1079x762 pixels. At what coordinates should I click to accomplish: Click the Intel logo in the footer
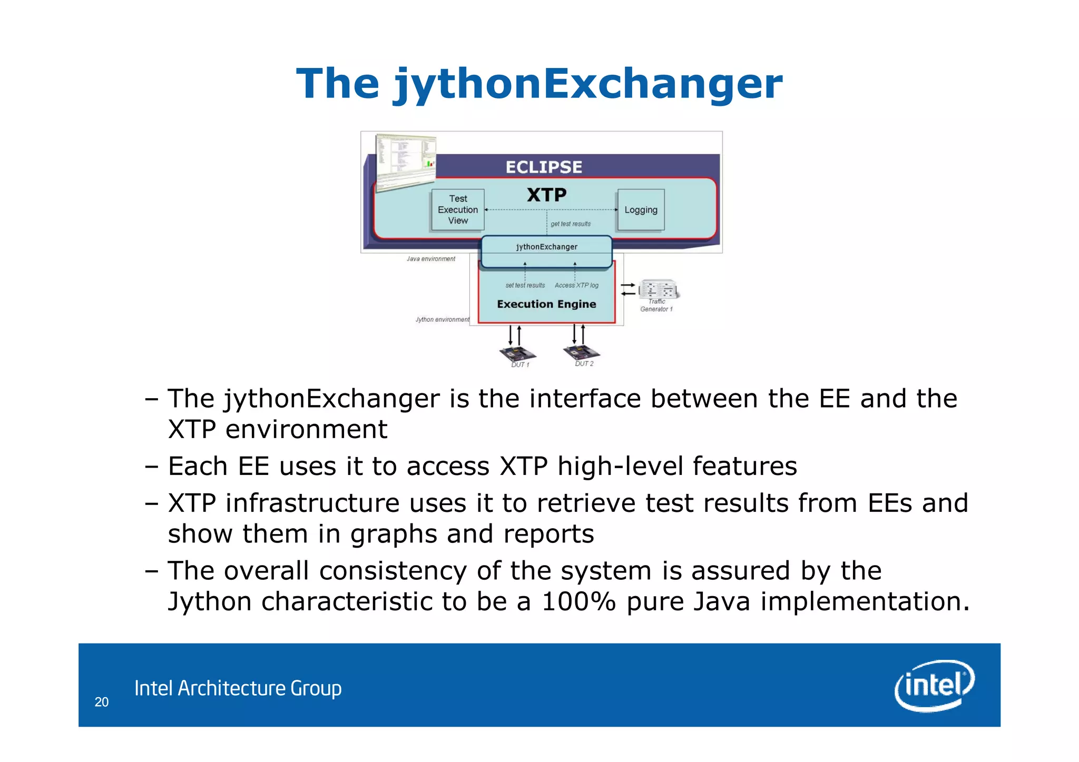click(934, 685)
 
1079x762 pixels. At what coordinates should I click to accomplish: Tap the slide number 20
click(102, 702)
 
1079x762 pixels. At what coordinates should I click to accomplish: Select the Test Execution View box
click(458, 210)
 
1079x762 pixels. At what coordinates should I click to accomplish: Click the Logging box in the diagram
click(641, 210)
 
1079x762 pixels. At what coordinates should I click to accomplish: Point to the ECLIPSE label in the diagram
click(544, 167)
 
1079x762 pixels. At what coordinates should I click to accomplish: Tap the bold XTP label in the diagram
click(546, 195)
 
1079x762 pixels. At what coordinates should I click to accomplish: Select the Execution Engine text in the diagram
click(546, 304)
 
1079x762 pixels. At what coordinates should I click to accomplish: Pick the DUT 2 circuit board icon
click(581, 352)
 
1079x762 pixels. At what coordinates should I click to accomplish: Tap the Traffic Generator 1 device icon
click(659, 289)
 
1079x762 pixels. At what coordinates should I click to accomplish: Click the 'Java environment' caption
click(431, 259)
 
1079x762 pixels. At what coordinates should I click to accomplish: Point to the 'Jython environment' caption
click(442, 320)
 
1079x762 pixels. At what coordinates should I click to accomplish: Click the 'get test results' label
click(571, 224)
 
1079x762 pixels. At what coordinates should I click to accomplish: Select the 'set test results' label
click(525, 285)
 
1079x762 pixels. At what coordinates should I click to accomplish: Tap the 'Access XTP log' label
click(576, 285)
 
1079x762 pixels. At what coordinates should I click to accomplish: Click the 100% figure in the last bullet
click(578, 602)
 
